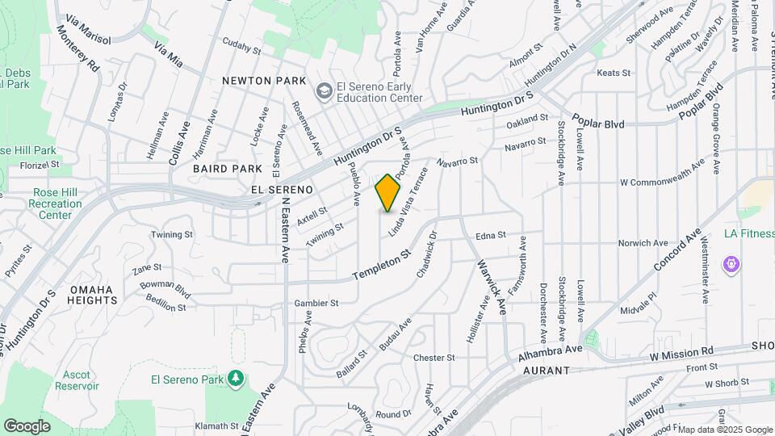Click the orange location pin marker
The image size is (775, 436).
(388, 193)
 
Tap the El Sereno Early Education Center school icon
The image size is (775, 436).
(324, 90)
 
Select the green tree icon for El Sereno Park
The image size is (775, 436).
(235, 378)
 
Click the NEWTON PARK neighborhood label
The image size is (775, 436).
(266, 81)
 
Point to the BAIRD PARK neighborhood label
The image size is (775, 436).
(228, 169)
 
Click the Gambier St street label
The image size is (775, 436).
(316, 304)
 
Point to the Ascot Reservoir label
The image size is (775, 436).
(76, 379)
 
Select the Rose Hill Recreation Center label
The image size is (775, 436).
(56, 204)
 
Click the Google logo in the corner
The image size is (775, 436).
(27, 426)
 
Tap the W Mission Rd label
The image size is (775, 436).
(682, 352)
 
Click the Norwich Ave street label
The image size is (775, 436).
(643, 243)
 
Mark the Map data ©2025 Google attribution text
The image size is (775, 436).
(724, 430)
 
